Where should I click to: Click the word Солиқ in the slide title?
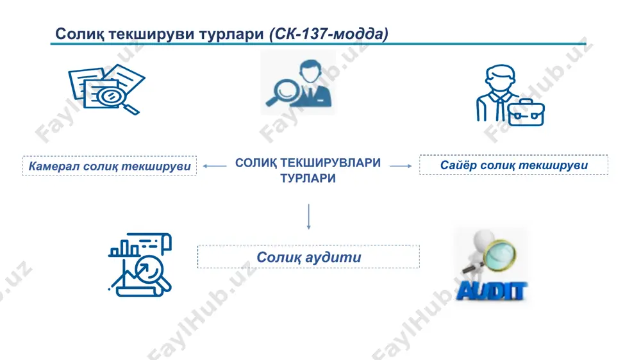pos(79,34)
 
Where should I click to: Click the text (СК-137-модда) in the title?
pos(329,33)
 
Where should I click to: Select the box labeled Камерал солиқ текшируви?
pos(110,166)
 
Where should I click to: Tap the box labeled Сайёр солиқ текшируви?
pos(513,165)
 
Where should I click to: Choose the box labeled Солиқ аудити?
pos(309,257)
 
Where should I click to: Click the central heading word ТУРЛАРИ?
pos(308,178)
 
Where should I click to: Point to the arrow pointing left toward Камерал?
pos(215,166)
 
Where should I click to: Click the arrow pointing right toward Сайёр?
pos(401,166)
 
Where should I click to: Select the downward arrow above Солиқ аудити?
pos(309,217)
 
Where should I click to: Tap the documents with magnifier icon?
pos(106,90)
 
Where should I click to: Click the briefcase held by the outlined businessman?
pos(526,112)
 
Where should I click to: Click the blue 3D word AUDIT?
pos(491,291)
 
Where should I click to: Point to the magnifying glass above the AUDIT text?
pos(495,254)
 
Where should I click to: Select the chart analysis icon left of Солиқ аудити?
pos(140,265)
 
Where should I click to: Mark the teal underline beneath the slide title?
pos(319,44)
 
